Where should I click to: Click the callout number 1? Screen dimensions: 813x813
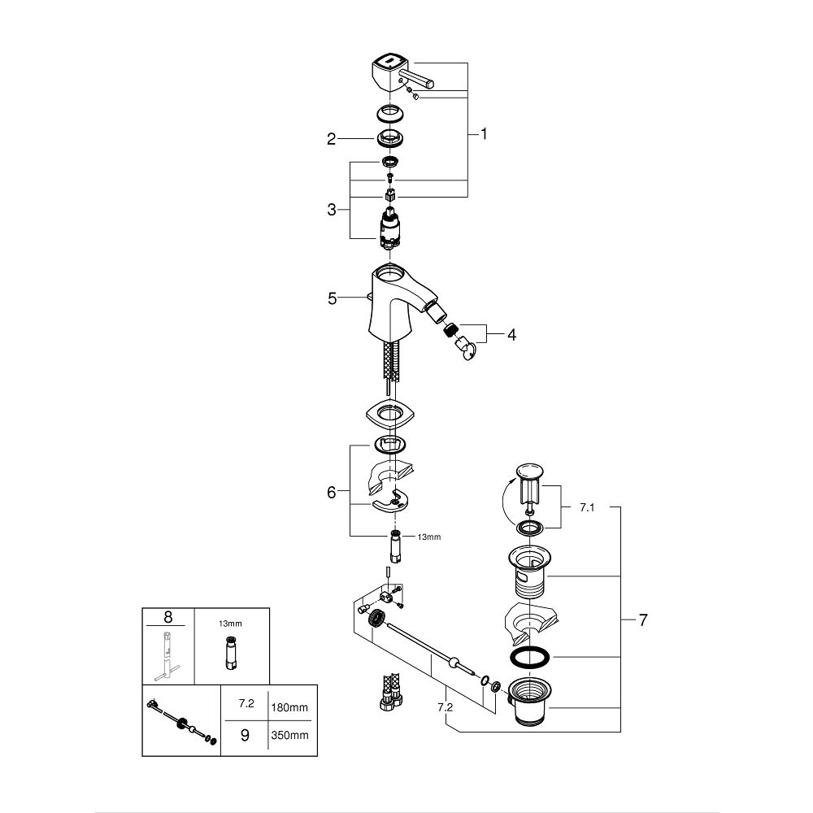[x=484, y=134]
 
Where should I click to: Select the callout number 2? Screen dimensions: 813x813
[x=332, y=139]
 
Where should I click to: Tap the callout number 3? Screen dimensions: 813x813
[x=332, y=210]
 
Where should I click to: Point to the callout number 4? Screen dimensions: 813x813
[x=511, y=335]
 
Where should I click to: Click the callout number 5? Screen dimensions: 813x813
[x=333, y=298]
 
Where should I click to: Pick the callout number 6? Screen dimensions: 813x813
[x=332, y=492]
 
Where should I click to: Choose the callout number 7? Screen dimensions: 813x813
[x=643, y=620]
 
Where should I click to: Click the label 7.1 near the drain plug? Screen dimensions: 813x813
[x=588, y=507]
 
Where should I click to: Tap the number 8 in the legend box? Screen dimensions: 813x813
[x=168, y=617]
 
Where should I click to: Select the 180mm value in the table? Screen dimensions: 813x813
[x=289, y=707]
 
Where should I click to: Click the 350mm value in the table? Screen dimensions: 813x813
[x=289, y=735]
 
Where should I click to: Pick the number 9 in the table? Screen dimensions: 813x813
[x=246, y=735]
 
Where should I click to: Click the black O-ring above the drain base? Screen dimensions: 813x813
[x=530, y=656]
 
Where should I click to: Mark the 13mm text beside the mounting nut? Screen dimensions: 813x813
[x=429, y=537]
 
